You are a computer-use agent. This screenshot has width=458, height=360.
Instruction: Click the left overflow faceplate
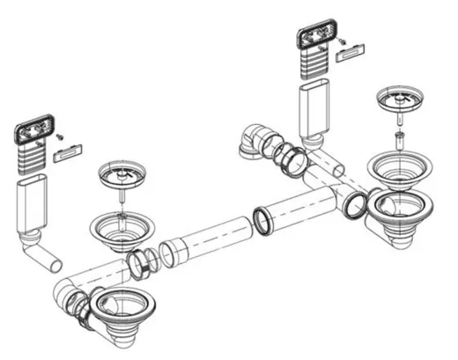tap(33, 134)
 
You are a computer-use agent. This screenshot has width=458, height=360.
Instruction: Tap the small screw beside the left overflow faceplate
tap(60, 137)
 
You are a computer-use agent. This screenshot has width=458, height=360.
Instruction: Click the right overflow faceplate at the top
tap(316, 37)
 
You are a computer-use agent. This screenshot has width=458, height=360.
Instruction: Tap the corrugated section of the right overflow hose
tap(316, 65)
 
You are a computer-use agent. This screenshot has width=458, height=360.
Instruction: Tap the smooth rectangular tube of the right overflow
tap(315, 110)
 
